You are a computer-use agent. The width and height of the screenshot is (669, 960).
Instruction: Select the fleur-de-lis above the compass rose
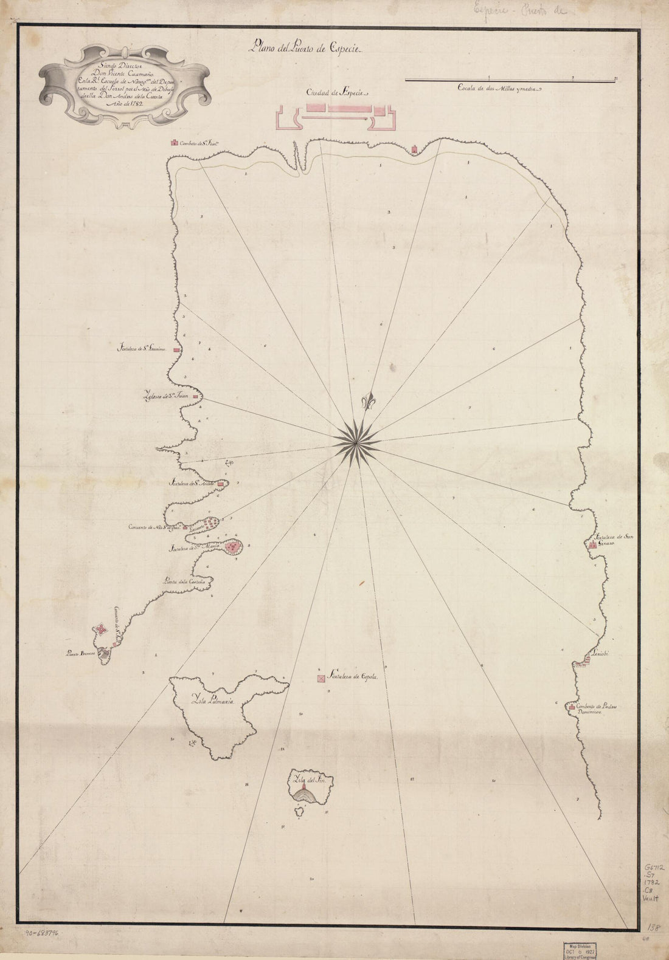tap(367, 403)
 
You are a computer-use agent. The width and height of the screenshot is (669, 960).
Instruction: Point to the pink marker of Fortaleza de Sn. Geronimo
tap(177, 351)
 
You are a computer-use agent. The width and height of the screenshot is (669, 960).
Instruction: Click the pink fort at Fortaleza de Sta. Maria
tap(231, 547)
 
